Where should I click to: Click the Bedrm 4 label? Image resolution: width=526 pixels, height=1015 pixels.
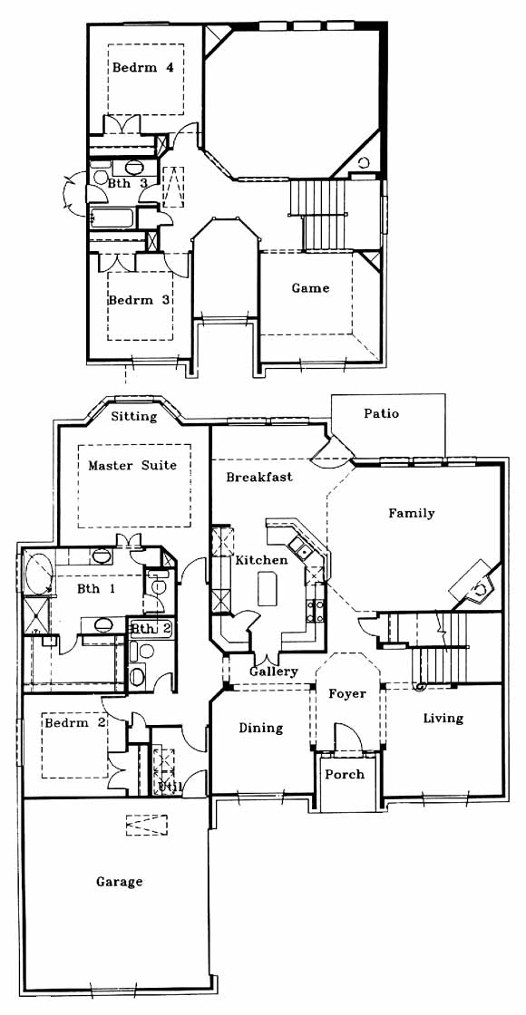pos(143,67)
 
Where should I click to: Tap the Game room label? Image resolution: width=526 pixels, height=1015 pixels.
pos(310,288)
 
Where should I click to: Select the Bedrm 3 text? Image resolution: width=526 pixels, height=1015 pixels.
pos(140,300)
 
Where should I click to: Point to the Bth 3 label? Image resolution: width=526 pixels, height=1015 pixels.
pos(128,183)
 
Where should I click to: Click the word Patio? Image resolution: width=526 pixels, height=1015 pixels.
pos(381,413)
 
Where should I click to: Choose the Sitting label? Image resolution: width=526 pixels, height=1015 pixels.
pos(134,416)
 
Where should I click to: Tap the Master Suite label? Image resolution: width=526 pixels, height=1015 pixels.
pos(132,466)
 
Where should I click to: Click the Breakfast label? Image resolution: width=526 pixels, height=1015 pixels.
pos(259,477)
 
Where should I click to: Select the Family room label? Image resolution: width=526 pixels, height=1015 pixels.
pos(412,513)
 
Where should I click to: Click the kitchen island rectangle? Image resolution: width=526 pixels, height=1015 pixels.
pos(267,588)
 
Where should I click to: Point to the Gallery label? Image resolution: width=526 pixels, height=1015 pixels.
pos(275,672)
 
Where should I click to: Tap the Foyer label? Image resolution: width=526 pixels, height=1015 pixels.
pos(347,694)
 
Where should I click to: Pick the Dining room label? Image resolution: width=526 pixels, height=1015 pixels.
pos(261,729)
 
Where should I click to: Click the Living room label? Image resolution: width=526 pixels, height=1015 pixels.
pos(443,718)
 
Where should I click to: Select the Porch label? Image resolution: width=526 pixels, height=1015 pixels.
pos(345,774)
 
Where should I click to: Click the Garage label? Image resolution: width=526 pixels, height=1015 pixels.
pos(120,882)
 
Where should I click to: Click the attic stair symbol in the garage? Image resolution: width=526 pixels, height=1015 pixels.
pos(146,825)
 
